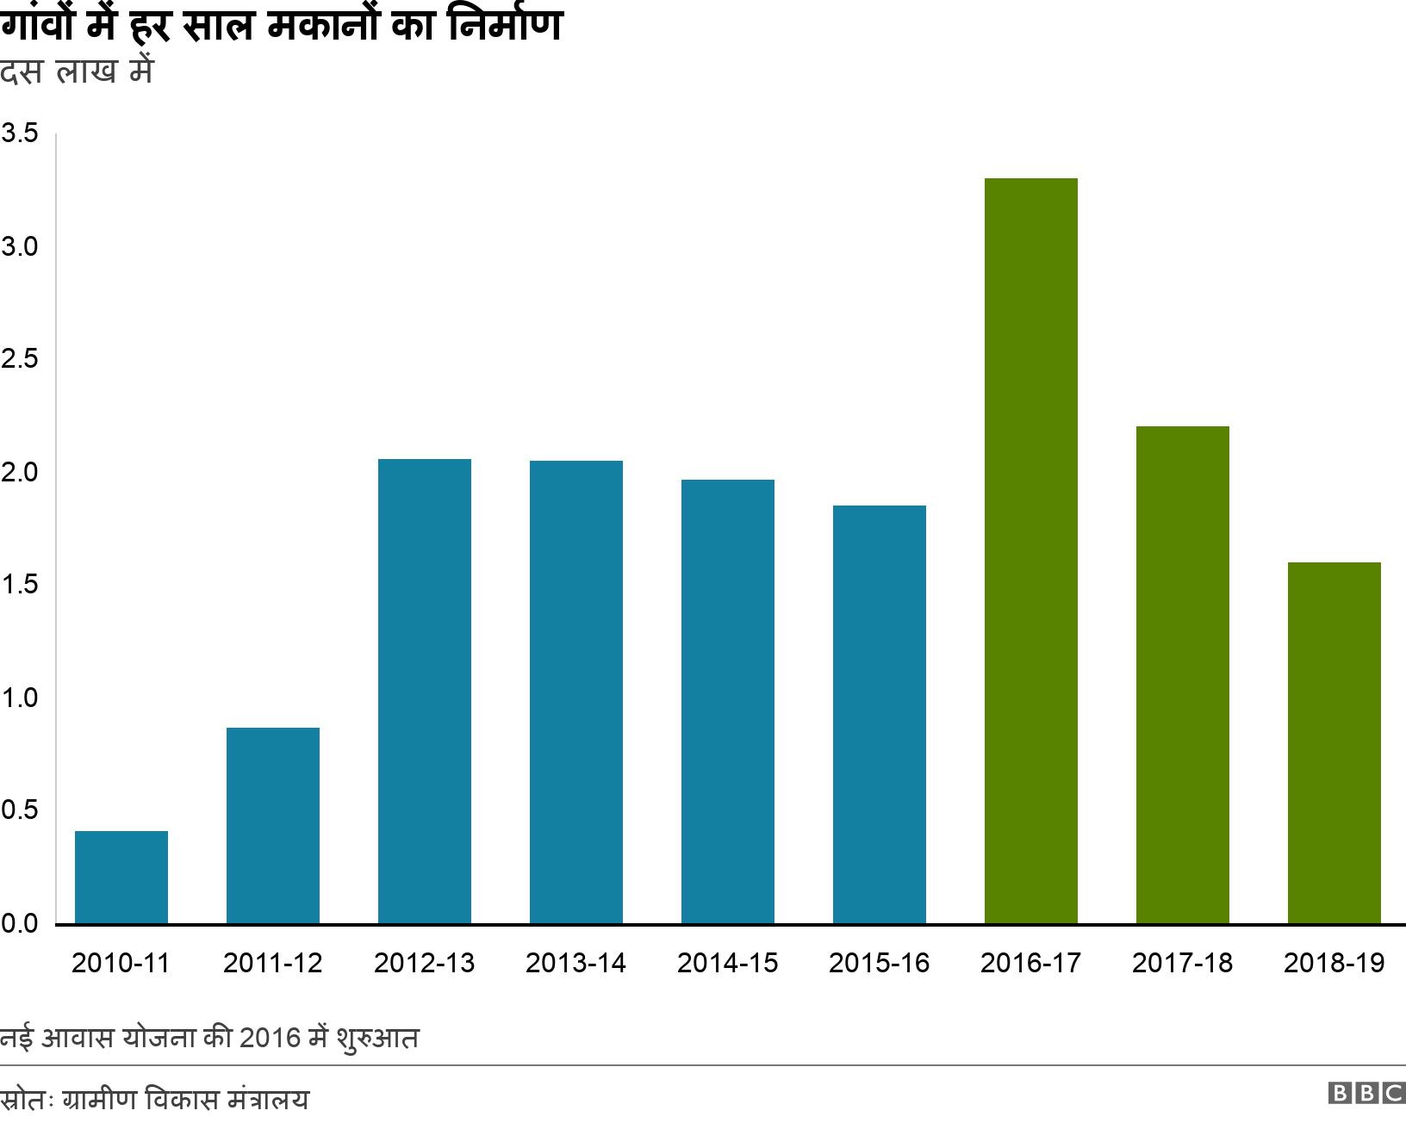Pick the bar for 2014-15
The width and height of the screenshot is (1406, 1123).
point(728,701)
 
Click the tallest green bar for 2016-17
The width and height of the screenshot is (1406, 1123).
point(1031,551)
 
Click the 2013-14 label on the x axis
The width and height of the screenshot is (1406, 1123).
point(575,963)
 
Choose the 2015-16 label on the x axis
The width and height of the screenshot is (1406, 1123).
point(879,963)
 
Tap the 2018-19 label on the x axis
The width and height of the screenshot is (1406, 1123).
point(1334,963)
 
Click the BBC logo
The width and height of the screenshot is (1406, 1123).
point(1366,1094)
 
